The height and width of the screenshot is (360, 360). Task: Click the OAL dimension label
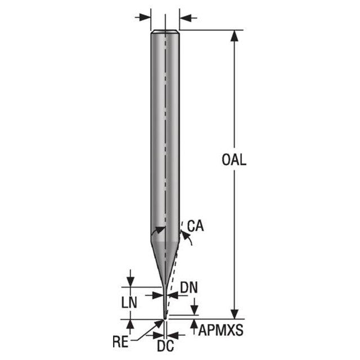point(234,160)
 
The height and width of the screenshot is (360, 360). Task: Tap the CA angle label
point(195,226)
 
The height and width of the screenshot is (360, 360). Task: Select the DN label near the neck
point(189,287)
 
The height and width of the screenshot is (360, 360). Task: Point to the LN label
point(129,303)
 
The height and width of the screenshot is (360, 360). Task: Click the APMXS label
point(220,330)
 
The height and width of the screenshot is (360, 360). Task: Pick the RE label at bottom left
point(120,341)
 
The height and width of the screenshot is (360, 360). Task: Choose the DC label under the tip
point(165,346)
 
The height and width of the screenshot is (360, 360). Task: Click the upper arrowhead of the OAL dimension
point(234,35)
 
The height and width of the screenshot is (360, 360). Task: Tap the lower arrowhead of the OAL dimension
point(234,314)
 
